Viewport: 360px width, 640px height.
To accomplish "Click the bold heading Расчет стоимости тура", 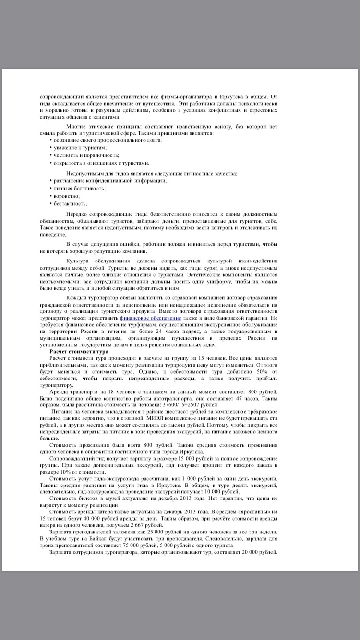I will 79,352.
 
